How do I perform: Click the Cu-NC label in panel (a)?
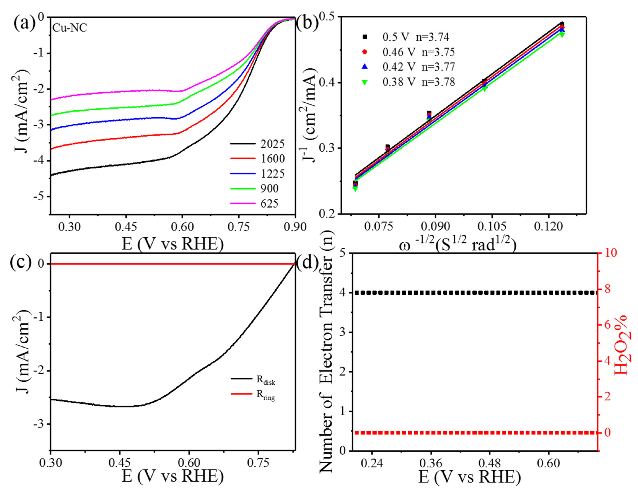[x=70, y=28]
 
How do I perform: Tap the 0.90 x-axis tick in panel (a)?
[x=295, y=227]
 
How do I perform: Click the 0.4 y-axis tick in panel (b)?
[x=326, y=83]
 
